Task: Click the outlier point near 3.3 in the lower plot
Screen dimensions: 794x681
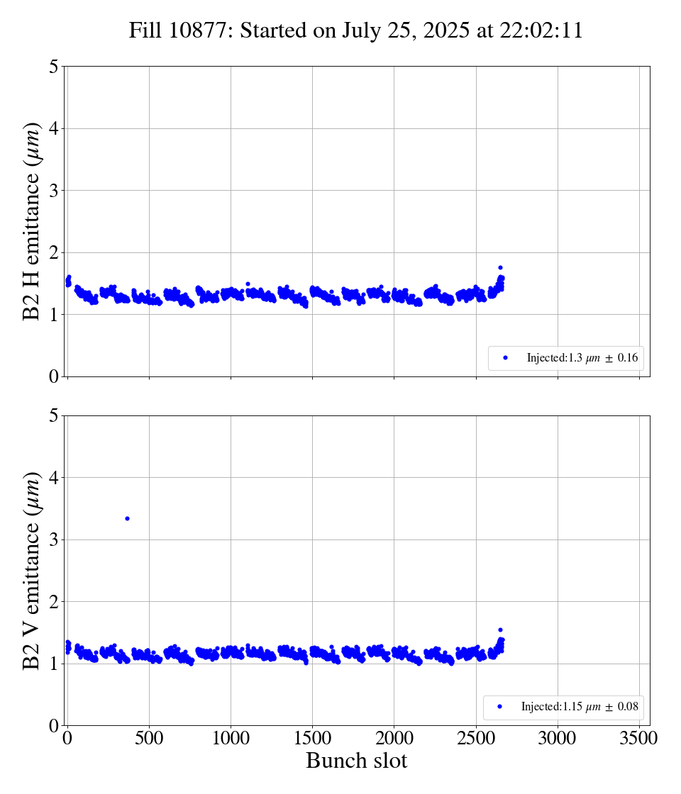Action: (x=127, y=518)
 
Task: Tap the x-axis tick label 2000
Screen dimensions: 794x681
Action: (x=394, y=738)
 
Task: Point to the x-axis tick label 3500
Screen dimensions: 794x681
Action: (x=639, y=738)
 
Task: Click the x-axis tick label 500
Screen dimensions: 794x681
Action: (x=149, y=738)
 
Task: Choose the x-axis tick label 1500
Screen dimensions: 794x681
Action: (x=312, y=738)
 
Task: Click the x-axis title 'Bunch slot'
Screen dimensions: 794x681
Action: (x=356, y=761)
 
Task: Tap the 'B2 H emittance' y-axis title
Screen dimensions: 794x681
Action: (x=32, y=221)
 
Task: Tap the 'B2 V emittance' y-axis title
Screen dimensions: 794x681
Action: (x=32, y=570)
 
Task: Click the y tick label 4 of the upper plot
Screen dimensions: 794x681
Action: (x=54, y=128)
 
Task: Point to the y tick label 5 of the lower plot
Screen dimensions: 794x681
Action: (x=54, y=415)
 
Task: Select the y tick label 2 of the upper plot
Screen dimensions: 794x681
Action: (x=54, y=252)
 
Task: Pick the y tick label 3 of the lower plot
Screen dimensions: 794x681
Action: (x=54, y=539)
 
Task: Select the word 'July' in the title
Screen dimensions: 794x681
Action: (x=361, y=31)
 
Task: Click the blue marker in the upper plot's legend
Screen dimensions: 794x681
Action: (x=505, y=358)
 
